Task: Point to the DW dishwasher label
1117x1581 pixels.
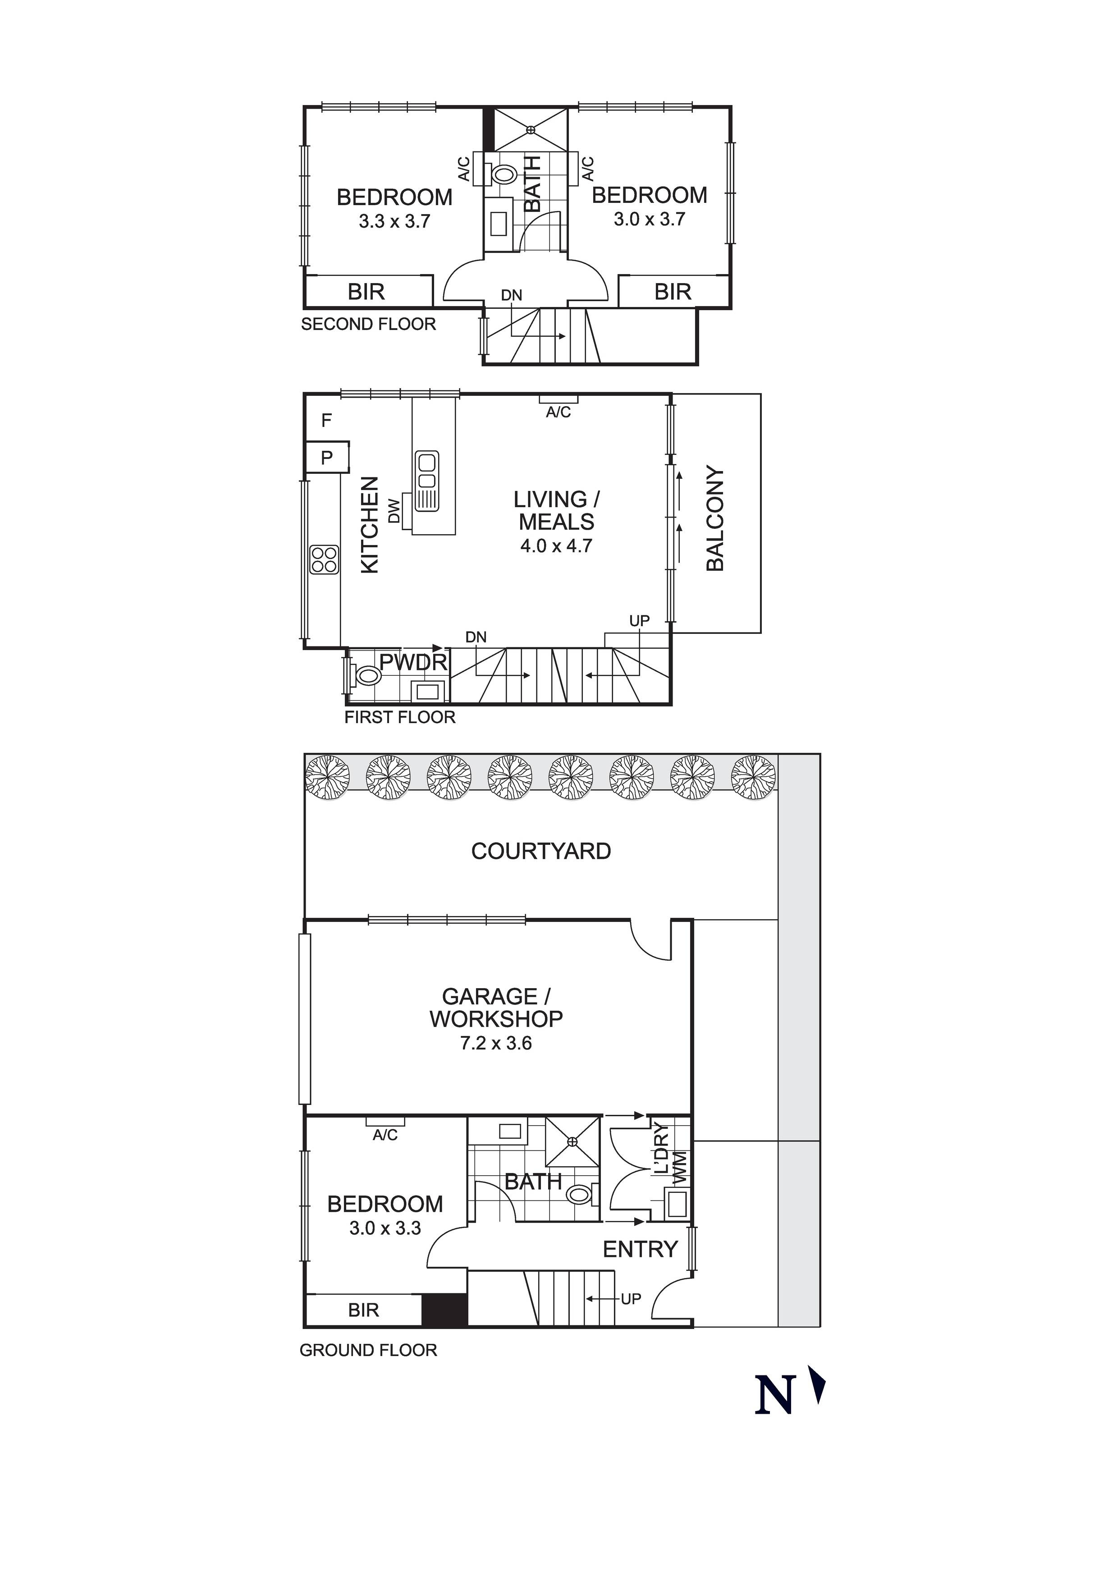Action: coord(394,511)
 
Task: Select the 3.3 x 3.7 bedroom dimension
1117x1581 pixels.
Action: coord(394,222)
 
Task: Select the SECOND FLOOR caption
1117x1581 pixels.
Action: coord(368,324)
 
